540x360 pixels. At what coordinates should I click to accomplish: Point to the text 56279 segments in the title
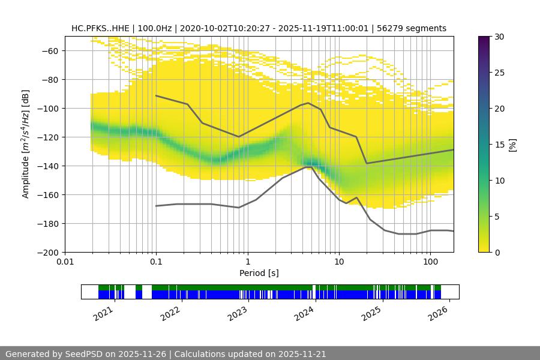coord(416,28)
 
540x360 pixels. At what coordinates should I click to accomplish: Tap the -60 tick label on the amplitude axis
coord(49,50)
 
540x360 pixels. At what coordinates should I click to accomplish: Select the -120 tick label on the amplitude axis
coord(47,137)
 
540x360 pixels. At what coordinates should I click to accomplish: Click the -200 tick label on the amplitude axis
coord(47,252)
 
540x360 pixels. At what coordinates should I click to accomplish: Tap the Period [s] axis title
coord(259,273)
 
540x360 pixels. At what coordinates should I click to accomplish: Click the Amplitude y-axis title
coord(25,144)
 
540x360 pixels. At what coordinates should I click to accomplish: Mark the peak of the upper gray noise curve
coord(308,103)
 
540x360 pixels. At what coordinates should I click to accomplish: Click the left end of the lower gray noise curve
coord(156,206)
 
